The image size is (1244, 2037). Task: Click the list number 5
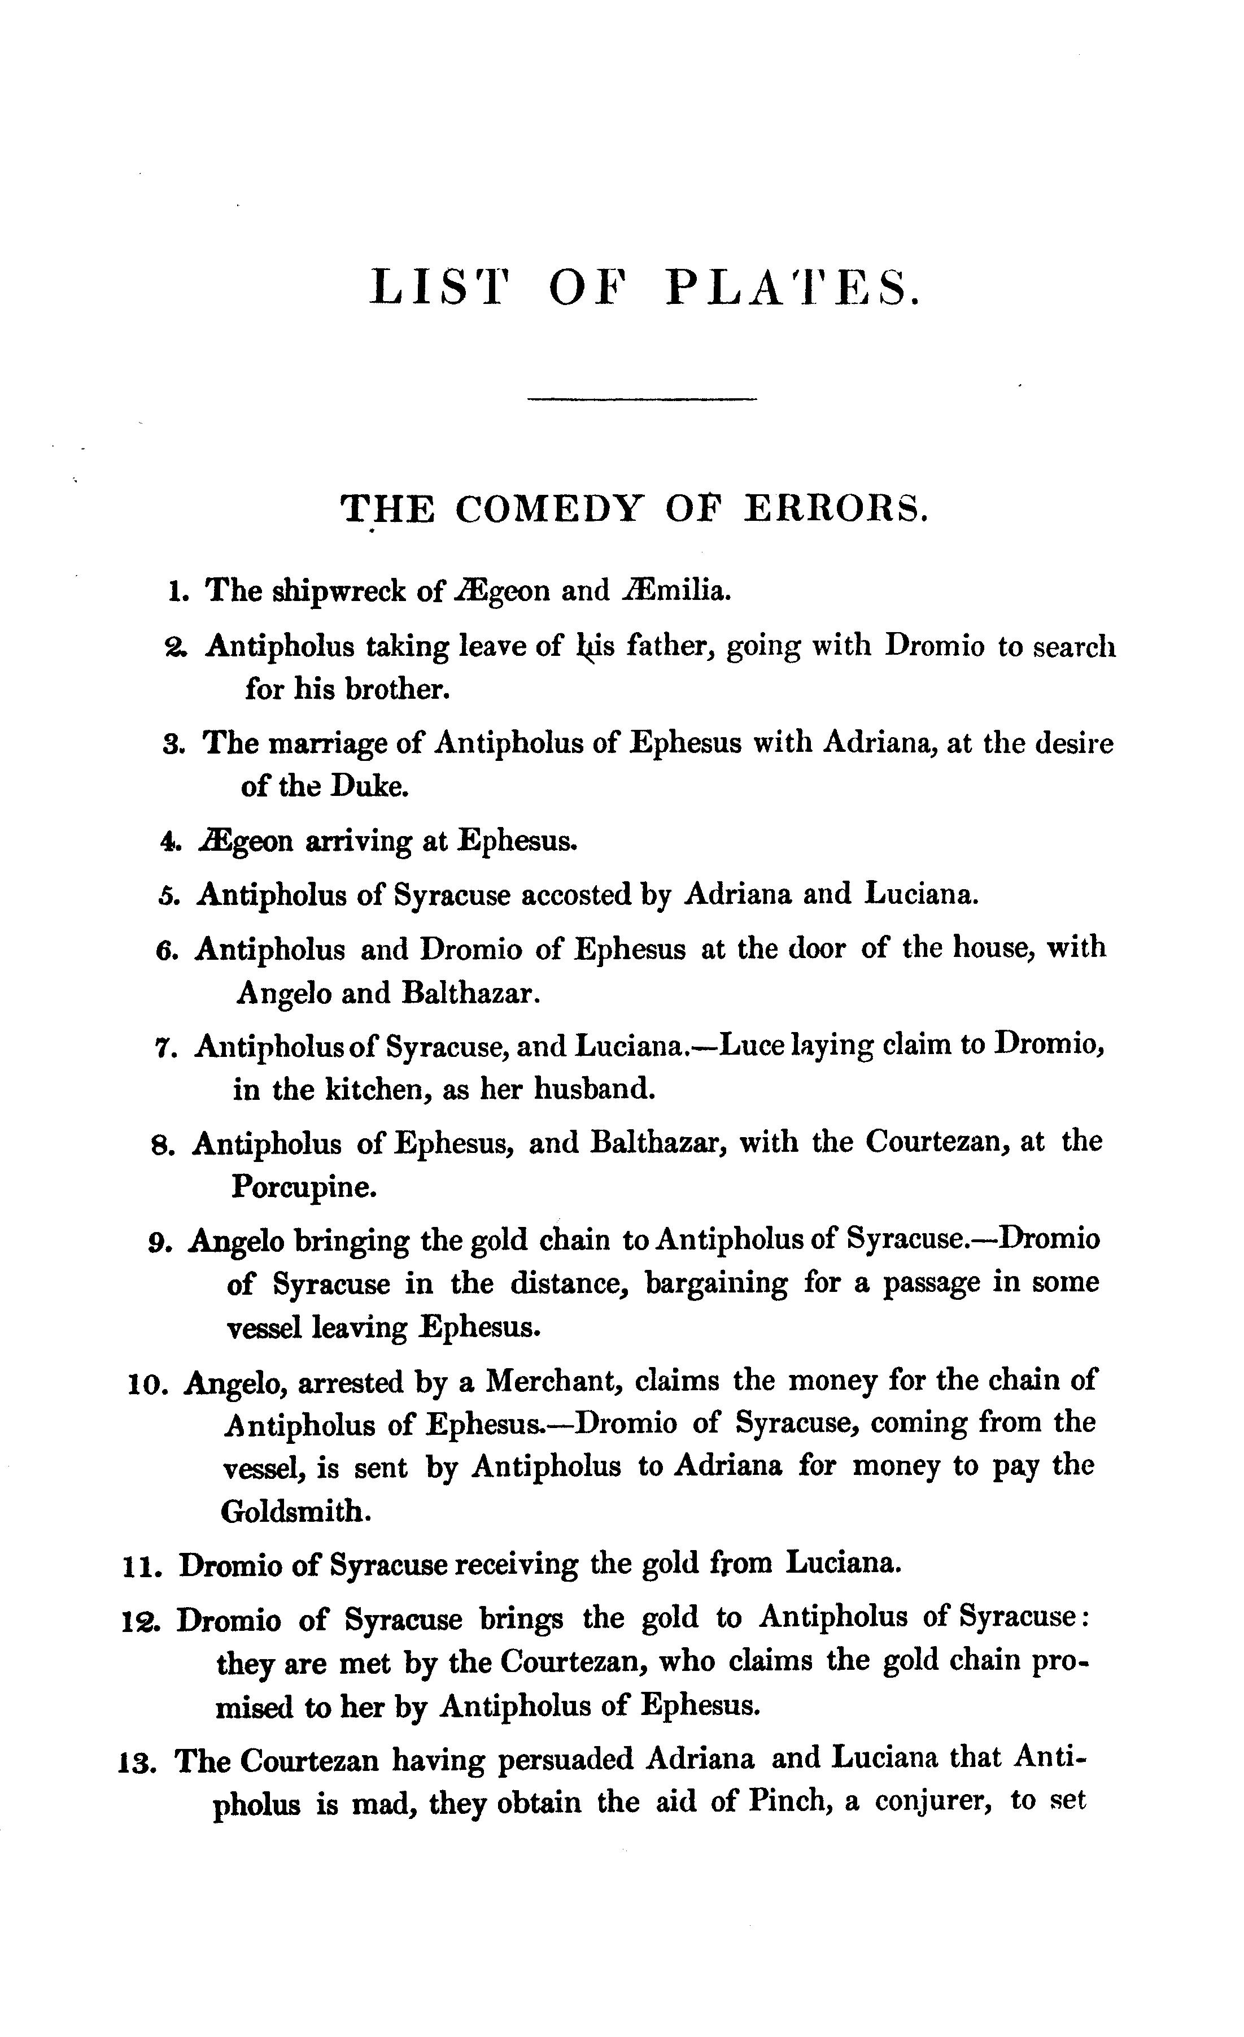pyautogui.click(x=165, y=895)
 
